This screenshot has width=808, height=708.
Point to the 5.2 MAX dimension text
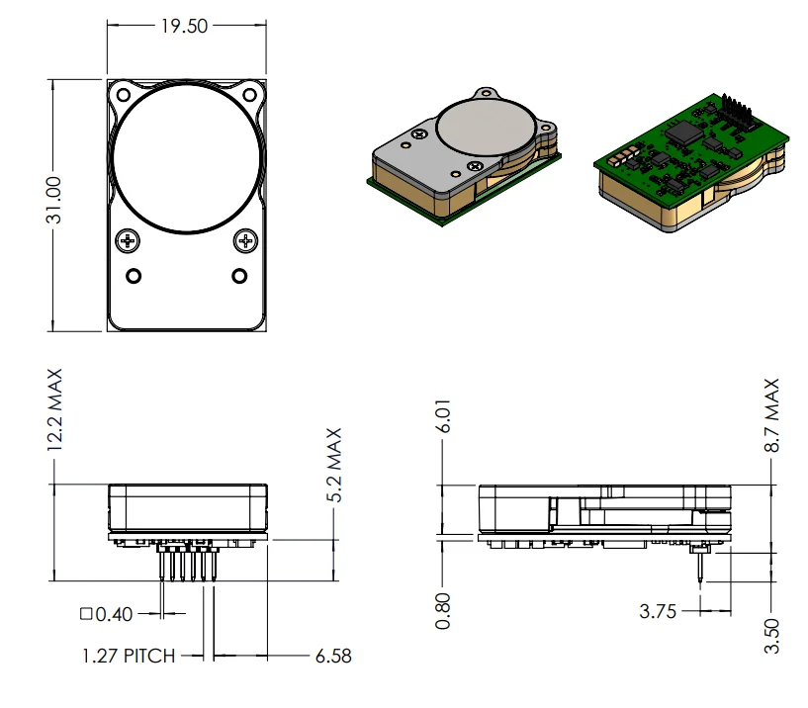[x=333, y=465]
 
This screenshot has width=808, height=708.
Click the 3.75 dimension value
[x=658, y=612]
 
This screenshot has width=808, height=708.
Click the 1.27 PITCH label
[x=129, y=656]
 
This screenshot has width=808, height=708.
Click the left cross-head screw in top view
[x=129, y=240]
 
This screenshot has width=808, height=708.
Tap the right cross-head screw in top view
[x=245, y=240]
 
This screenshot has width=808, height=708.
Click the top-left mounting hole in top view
[x=123, y=95]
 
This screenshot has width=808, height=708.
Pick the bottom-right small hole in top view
[x=238, y=274]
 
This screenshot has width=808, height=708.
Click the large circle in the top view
[x=188, y=159]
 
